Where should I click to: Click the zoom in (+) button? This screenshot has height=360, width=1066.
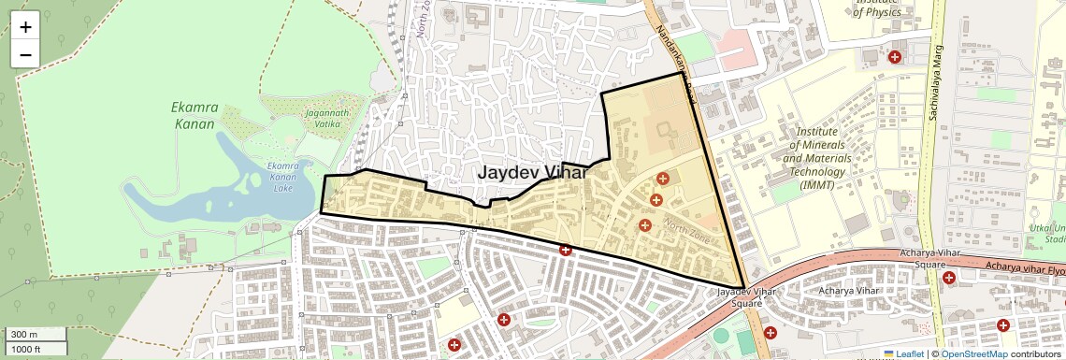pyautogui.click(x=25, y=27)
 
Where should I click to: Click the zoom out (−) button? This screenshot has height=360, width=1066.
pyautogui.click(x=25, y=54)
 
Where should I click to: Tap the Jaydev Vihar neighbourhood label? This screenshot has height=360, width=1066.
pyautogui.click(x=532, y=173)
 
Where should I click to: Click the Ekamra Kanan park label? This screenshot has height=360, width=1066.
pyautogui.click(x=194, y=115)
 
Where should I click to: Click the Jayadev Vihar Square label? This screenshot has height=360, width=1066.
pyautogui.click(x=746, y=297)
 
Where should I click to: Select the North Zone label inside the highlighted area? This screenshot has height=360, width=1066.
pyautogui.click(x=688, y=230)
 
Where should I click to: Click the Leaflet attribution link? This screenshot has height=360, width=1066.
pyautogui.click(x=903, y=353)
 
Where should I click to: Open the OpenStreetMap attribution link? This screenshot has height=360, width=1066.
pyautogui.click(x=974, y=353)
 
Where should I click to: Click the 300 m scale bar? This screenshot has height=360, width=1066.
pyautogui.click(x=35, y=335)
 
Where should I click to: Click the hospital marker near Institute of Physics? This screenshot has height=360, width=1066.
pyautogui.click(x=895, y=57)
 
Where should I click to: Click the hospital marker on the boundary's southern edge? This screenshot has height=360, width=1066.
pyautogui.click(x=565, y=250)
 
